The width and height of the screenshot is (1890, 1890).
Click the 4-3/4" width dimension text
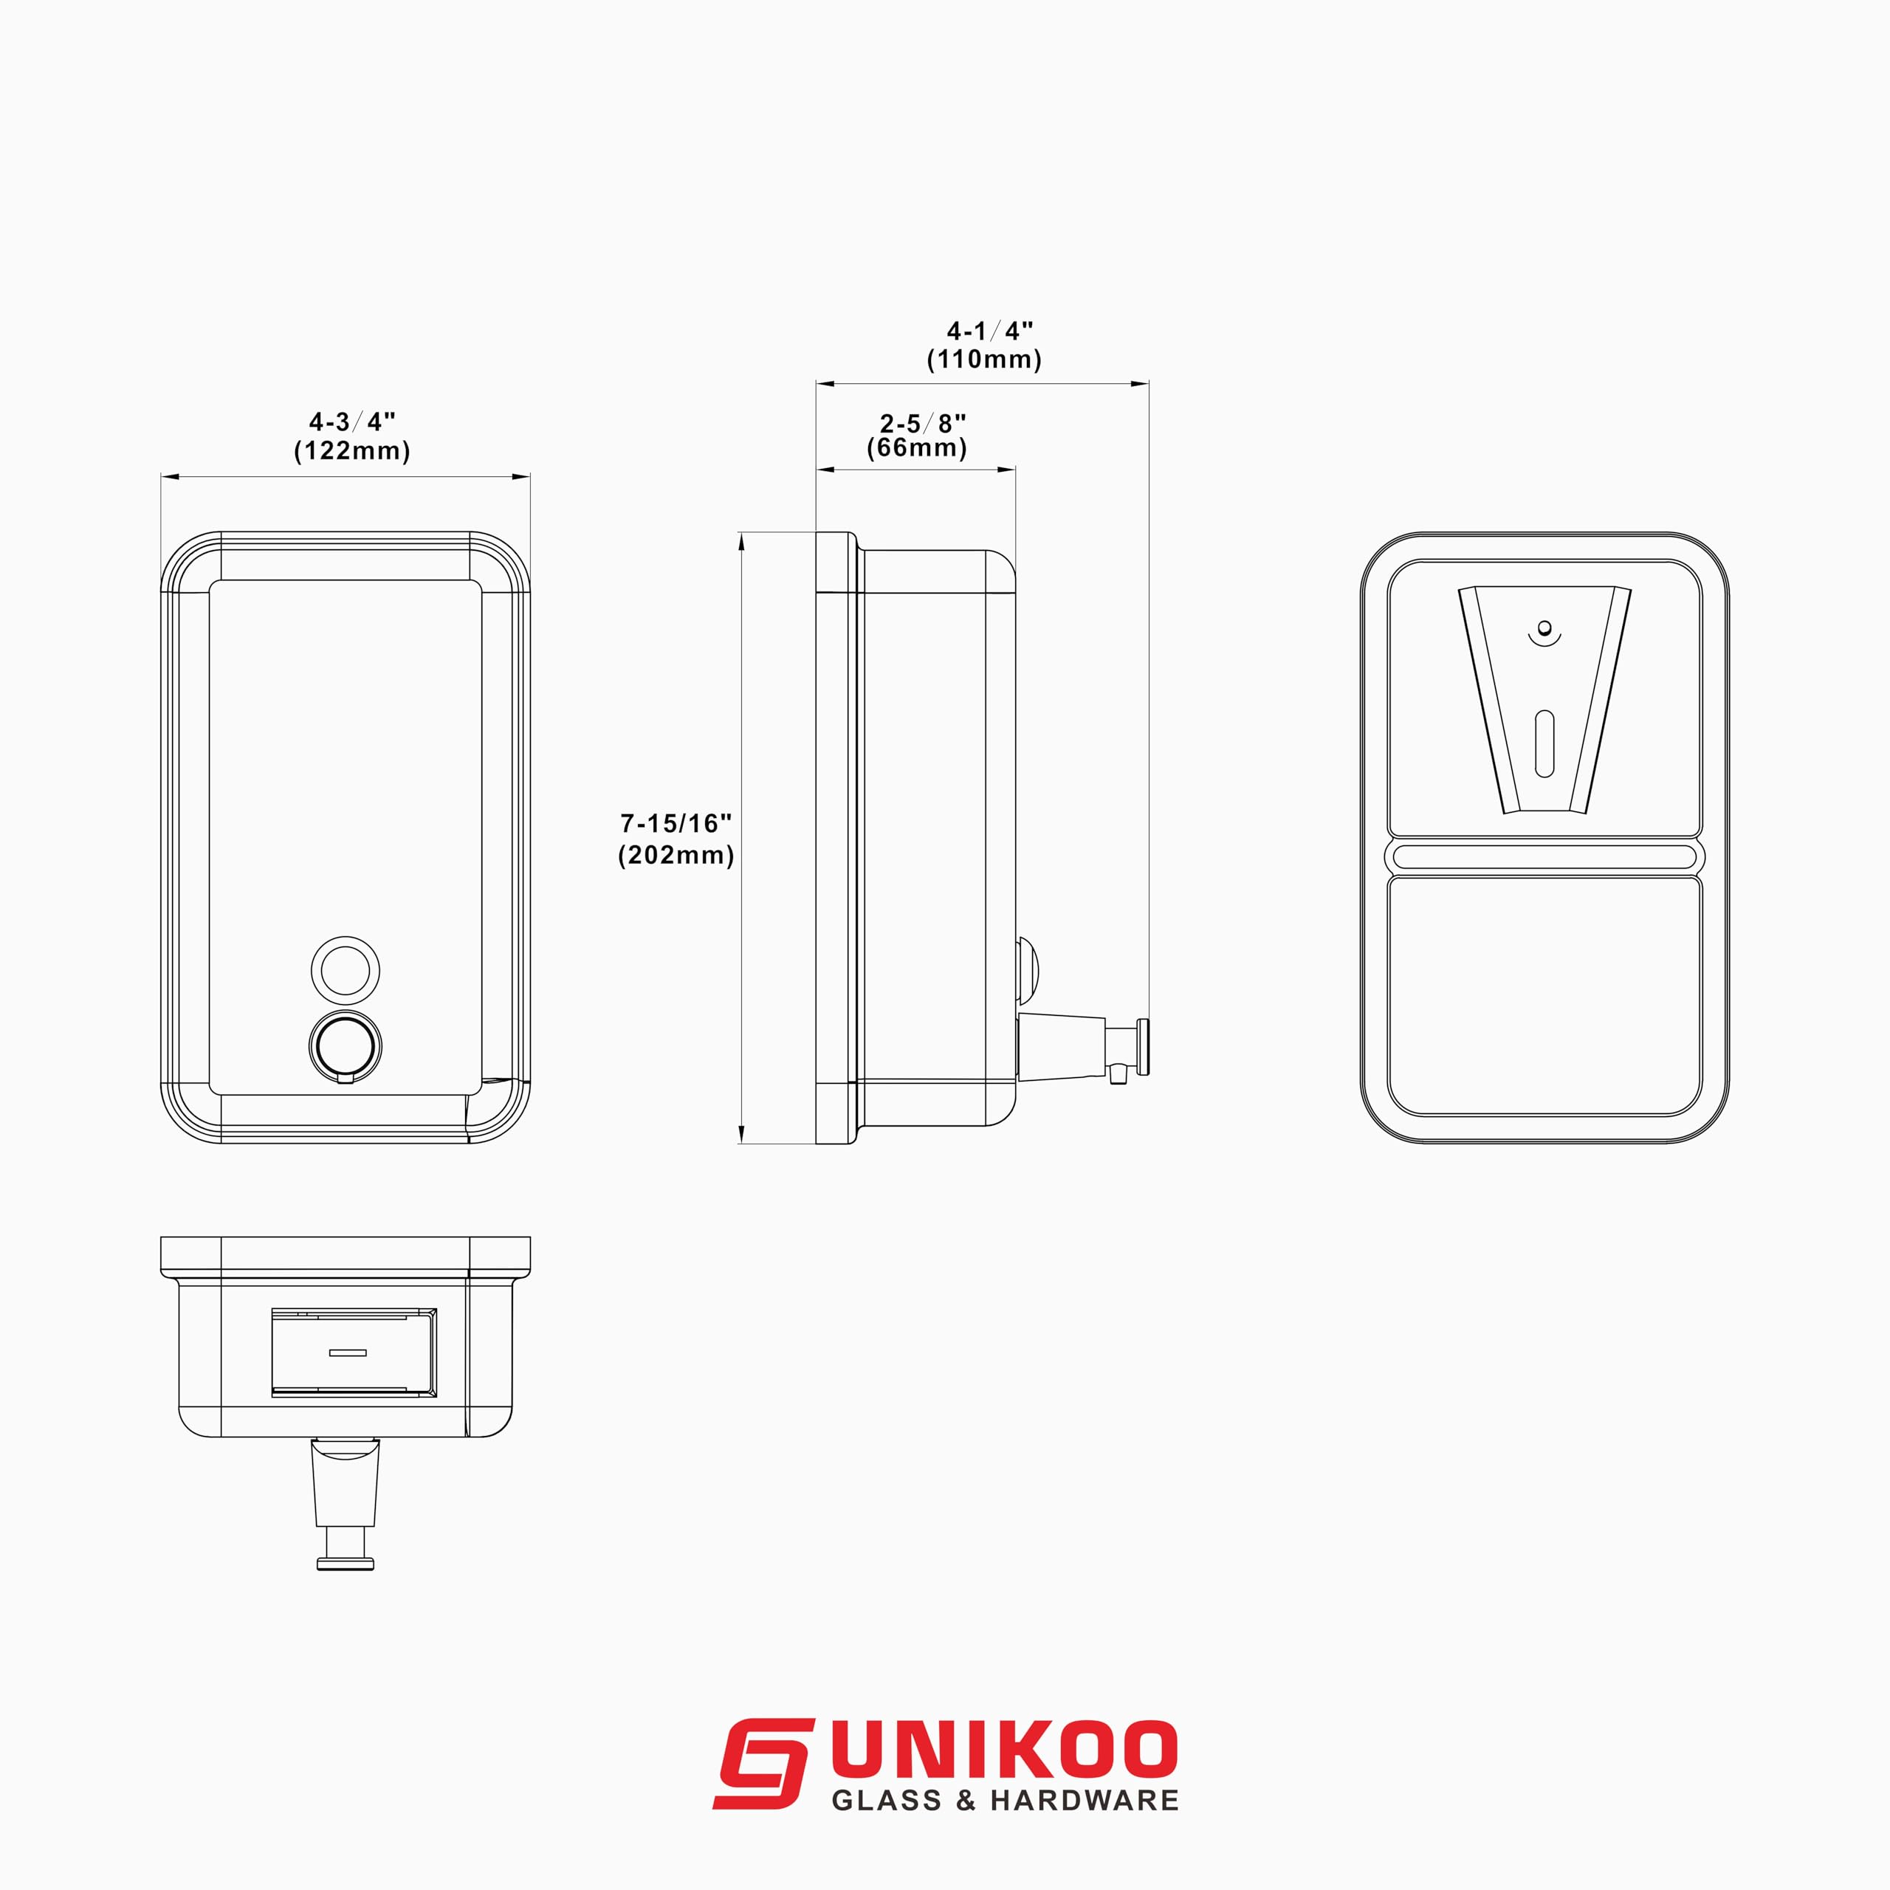coord(352,422)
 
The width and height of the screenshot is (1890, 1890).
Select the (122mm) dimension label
coord(352,451)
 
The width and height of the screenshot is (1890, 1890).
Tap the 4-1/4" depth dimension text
coord(989,331)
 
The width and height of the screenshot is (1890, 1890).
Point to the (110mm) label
coord(984,359)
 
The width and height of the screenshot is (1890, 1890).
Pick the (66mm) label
coord(917,448)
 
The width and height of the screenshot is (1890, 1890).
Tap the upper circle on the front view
coord(346,970)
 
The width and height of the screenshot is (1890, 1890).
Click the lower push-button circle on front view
coord(346,1045)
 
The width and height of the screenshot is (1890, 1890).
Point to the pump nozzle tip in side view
coord(1143,1047)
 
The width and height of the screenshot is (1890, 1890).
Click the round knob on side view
coord(1027,972)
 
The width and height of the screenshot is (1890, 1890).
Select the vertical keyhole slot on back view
coord(1544,744)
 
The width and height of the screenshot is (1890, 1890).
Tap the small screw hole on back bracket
coord(1544,627)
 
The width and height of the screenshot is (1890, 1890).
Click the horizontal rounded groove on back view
coord(1544,858)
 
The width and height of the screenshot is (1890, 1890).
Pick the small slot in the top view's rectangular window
coord(347,1353)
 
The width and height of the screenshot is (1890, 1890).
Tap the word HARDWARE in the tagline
coord(1084,1801)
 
